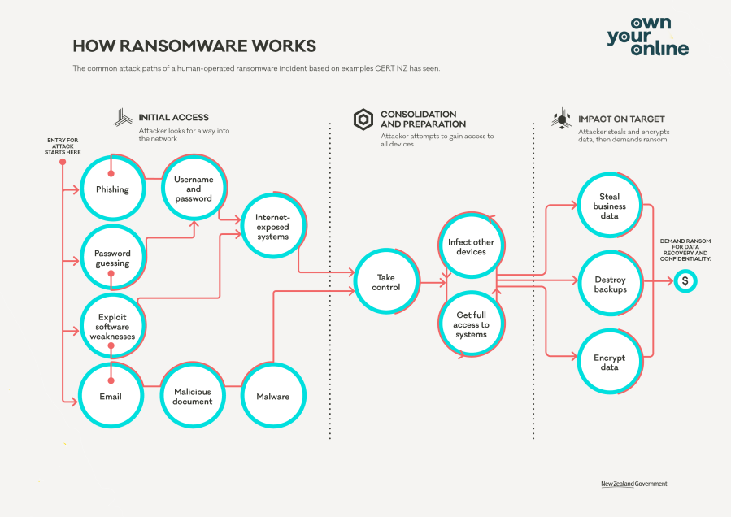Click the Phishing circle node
(x=112, y=189)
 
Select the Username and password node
(x=193, y=189)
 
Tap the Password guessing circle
(x=112, y=258)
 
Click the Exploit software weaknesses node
(x=112, y=326)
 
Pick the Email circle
(x=111, y=396)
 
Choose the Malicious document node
(x=193, y=396)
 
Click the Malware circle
(x=273, y=396)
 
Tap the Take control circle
(x=386, y=282)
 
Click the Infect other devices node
(x=471, y=247)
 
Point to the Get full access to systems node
(x=471, y=324)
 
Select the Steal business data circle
(x=609, y=206)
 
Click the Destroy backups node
(x=610, y=285)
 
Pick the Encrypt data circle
(x=609, y=362)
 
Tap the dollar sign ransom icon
(x=685, y=281)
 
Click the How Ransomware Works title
(x=194, y=46)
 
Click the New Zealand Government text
(x=633, y=484)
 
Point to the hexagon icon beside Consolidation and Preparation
(x=363, y=119)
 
